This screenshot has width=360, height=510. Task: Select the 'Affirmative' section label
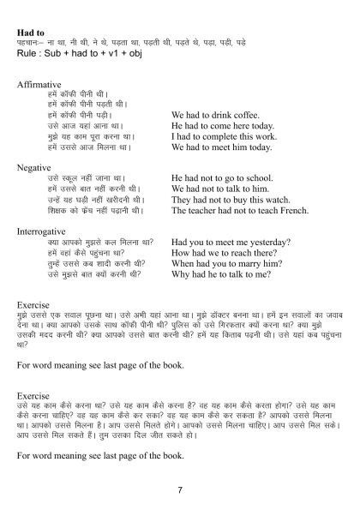(x=39, y=85)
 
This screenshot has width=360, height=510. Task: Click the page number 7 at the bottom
(x=180, y=489)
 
